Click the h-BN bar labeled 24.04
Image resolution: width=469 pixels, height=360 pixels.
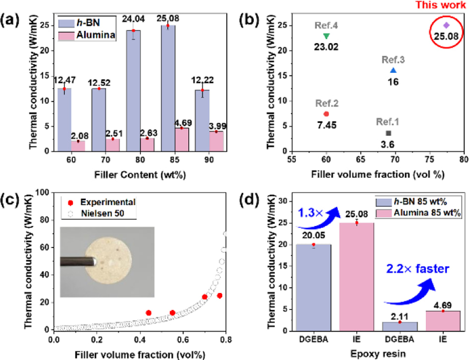tap(134, 91)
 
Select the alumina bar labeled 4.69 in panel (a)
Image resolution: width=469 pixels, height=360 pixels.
tap(182, 139)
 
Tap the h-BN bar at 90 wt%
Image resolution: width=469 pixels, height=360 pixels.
tap(202, 120)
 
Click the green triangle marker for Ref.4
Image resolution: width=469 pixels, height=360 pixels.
tap(327, 36)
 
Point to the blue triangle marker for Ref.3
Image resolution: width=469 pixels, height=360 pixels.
tap(394, 70)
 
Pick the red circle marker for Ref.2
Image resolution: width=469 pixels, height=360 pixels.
tap(327, 114)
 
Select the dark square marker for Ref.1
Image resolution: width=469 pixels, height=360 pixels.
tap(389, 133)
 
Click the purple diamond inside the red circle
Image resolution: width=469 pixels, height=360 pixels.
tap(446, 25)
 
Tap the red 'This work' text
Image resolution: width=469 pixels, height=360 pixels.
tap(441, 5)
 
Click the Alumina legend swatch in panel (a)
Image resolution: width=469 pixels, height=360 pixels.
tap(66, 36)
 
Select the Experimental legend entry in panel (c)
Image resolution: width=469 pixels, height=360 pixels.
tap(102, 202)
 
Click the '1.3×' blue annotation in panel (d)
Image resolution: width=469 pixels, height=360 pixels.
tap(310, 213)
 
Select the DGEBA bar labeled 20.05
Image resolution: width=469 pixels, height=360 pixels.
tap(313, 288)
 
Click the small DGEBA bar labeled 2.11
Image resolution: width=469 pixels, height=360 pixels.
tap(400, 326)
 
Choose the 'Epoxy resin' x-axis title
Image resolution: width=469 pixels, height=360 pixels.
tap(378, 354)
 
